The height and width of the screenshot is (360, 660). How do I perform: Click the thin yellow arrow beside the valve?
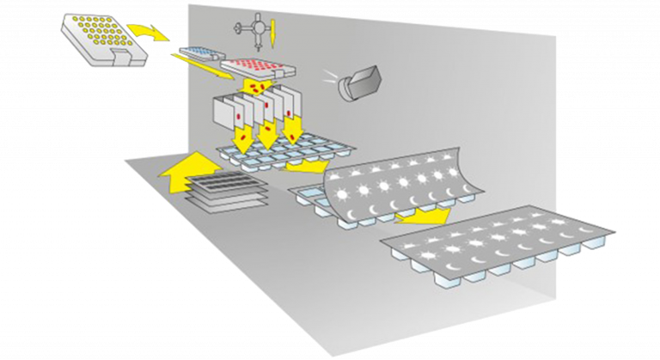(x=272, y=34)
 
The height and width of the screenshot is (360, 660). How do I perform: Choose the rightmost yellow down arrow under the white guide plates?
(x=295, y=130)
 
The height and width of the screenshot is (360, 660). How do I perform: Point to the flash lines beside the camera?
(x=330, y=76)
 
